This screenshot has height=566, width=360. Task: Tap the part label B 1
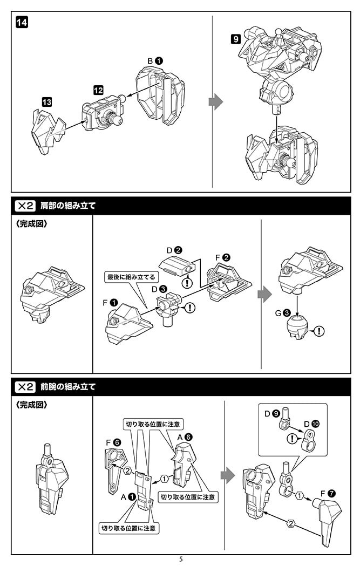tap(155, 61)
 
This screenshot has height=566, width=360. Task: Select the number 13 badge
tap(46, 101)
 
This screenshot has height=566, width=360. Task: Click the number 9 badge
tap(235, 39)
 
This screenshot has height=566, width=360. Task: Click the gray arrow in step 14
tap(215, 101)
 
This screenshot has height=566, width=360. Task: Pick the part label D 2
tap(173, 250)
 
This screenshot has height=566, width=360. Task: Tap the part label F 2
tap(222, 257)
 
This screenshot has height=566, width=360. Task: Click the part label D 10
tap(312, 424)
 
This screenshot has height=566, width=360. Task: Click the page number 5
tap(181, 560)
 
